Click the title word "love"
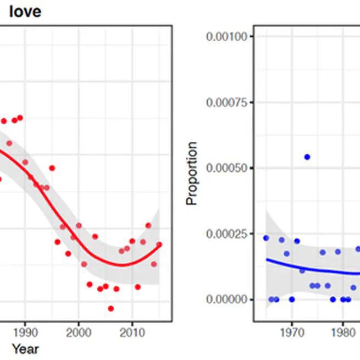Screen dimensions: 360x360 [25, 11]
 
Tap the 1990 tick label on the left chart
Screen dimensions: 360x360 [24, 333]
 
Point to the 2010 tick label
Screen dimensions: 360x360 [131, 333]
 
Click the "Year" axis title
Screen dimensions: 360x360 [25, 348]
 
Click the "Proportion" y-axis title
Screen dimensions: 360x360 [191, 173]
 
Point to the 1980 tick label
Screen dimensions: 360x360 [342, 333]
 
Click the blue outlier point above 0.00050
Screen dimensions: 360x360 [307, 157]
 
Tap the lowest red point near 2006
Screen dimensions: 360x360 [110, 308]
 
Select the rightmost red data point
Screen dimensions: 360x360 [159, 245]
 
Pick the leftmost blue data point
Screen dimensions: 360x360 [266, 238]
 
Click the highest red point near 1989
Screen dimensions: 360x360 [20, 118]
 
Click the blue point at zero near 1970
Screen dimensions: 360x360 [292, 300]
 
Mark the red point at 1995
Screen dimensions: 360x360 [52, 168]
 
